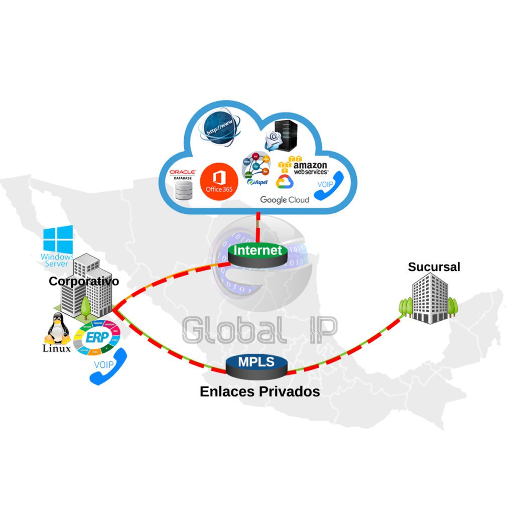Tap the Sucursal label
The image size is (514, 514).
point(434,267)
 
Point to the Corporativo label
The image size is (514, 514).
point(84,281)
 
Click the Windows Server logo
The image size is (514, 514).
point(58,246)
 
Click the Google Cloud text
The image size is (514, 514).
point(285,200)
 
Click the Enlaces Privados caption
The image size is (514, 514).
point(260,391)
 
